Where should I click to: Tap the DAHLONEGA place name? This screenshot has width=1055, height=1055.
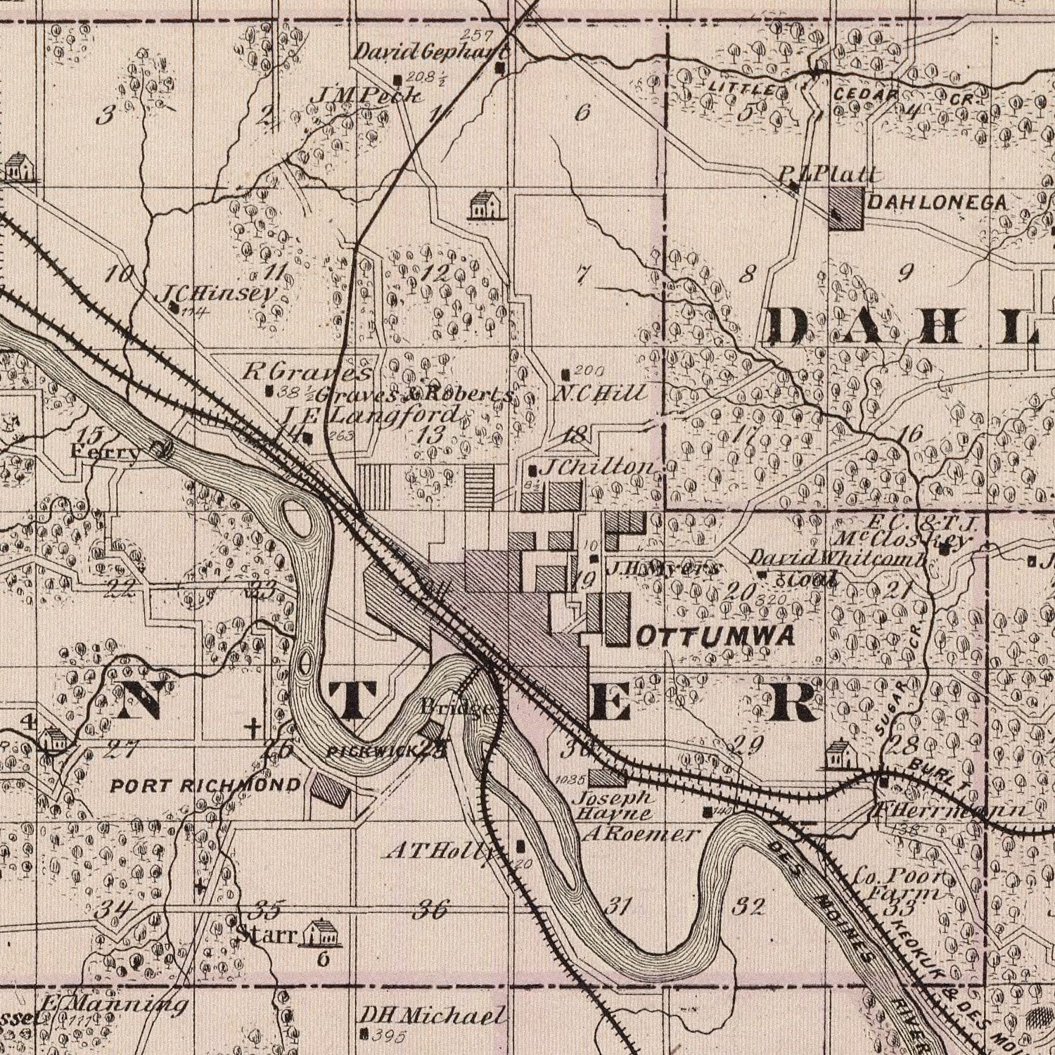click(x=938, y=203)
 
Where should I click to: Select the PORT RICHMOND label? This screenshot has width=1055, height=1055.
click(x=206, y=785)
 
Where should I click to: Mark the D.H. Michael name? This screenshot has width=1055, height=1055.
click(x=432, y=1016)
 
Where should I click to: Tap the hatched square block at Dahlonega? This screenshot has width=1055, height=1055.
click(x=847, y=210)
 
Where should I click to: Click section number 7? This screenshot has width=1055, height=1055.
click(x=580, y=274)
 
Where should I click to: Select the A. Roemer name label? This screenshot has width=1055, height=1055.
click(x=641, y=834)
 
